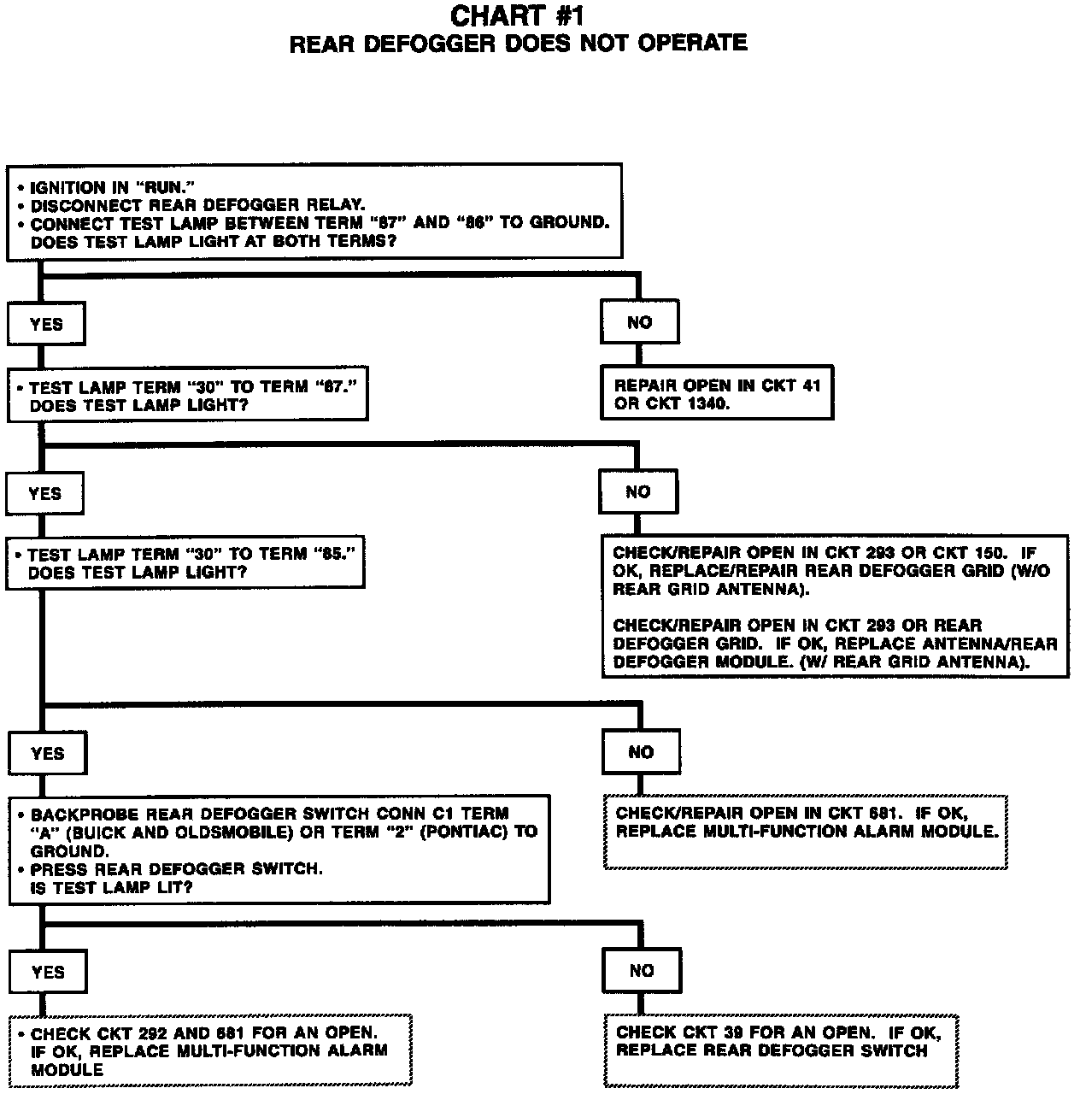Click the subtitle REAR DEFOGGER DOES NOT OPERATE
[518, 44]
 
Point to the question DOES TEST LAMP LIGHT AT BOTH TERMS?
[214, 242]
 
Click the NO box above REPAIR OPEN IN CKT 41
[639, 322]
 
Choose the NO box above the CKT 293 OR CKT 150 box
[638, 491]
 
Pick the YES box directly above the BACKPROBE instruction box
[48, 753]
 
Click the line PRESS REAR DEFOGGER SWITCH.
[177, 869]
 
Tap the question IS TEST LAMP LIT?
[112, 888]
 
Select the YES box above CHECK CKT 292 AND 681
[48, 972]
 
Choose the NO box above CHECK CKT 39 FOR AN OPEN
[642, 970]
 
